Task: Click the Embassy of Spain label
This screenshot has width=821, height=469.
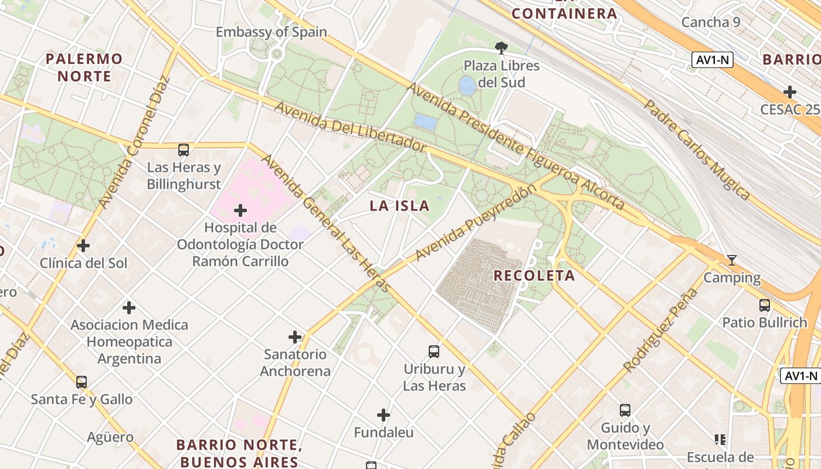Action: click(271, 32)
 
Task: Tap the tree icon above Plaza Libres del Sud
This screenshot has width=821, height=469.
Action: click(501, 47)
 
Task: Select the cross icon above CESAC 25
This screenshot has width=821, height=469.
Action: click(790, 92)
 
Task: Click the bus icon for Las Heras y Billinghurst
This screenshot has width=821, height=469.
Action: click(184, 150)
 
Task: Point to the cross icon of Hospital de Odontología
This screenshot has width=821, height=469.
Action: click(240, 210)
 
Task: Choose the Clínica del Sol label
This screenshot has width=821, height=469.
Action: click(83, 263)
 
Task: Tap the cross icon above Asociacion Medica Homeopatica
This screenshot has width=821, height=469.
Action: click(129, 307)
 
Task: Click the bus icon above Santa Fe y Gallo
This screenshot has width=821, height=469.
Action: click(82, 382)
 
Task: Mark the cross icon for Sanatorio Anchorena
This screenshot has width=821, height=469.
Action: click(295, 337)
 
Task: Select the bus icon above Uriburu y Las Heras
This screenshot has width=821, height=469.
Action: click(434, 352)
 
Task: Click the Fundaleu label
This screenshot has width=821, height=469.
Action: click(384, 433)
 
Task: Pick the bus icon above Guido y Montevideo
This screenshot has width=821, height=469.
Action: click(625, 410)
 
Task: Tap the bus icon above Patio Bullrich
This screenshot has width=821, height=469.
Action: click(765, 305)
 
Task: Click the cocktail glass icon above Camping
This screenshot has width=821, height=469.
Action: click(731, 260)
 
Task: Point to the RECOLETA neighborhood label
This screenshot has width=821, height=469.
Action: click(534, 276)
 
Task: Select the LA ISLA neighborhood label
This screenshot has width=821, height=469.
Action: click(399, 206)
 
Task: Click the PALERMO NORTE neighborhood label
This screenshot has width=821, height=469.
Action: click(84, 67)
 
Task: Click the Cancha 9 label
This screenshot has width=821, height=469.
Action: click(711, 22)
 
